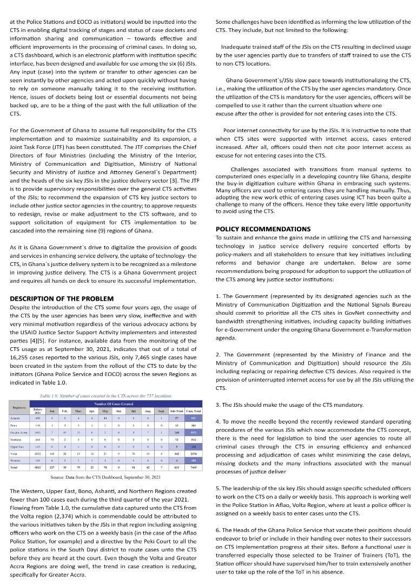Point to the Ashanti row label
(16, 418)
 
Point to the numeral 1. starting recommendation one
(217, 297)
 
